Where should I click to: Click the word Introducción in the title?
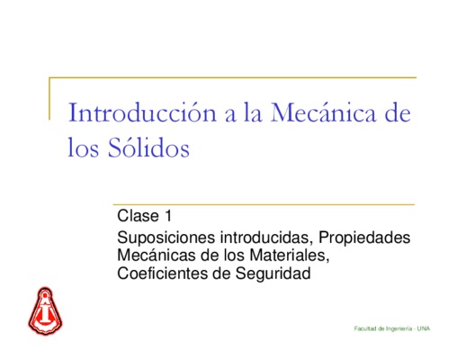click(142, 112)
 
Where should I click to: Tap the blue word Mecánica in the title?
click(323, 112)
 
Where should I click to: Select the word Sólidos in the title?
click(148, 147)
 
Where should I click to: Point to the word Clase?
click(138, 215)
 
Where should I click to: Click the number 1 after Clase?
click(168, 215)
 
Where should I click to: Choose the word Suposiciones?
click(166, 238)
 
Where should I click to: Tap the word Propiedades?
click(364, 238)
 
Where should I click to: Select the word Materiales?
click(290, 256)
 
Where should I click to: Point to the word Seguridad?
click(273, 274)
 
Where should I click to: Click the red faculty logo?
click(45, 310)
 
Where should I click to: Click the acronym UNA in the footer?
click(424, 328)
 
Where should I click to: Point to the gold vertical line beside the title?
click(49, 99)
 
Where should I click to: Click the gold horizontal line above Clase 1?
click(264, 204)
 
